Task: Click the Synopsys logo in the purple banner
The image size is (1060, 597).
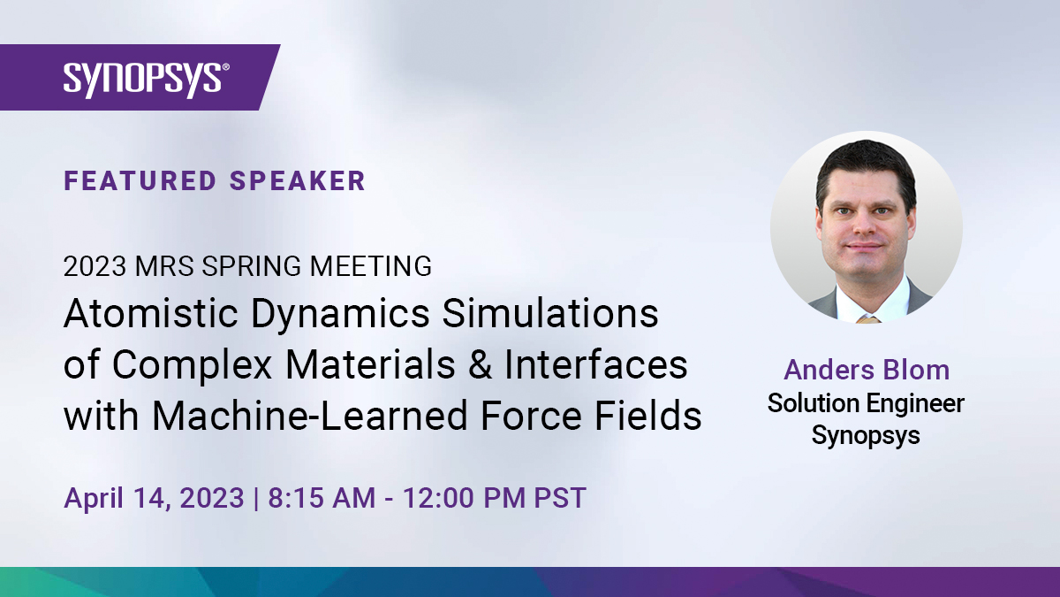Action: click(147, 79)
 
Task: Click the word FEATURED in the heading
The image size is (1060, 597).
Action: click(140, 181)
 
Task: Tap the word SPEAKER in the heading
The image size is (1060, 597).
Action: click(298, 181)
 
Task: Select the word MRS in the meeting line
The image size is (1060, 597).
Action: click(164, 266)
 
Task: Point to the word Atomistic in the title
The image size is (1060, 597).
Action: click(150, 314)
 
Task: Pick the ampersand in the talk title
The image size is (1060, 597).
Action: click(480, 364)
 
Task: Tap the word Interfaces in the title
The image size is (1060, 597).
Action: click(595, 364)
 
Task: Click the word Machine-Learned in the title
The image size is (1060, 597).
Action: click(310, 416)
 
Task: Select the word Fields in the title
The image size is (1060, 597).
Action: click(647, 415)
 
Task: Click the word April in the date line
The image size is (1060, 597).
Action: click(94, 499)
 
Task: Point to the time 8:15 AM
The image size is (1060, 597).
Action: click(322, 498)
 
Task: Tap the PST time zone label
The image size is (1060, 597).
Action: click(560, 498)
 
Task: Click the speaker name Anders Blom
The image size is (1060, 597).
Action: click(867, 370)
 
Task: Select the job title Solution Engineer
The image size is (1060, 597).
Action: click(866, 404)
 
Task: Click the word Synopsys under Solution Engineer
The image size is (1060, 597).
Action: click(866, 436)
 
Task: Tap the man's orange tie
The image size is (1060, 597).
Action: click(869, 319)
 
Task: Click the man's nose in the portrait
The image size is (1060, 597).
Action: click(866, 223)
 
